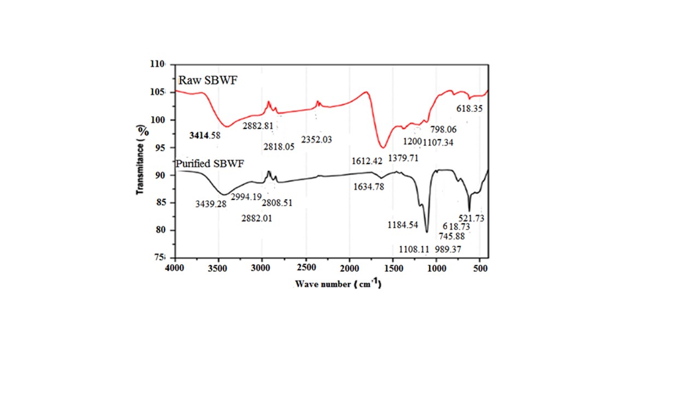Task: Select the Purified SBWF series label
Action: pyautogui.click(x=210, y=163)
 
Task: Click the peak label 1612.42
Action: pyautogui.click(x=368, y=160)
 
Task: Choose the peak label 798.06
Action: pyautogui.click(x=443, y=130)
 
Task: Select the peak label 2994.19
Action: pyautogui.click(x=246, y=196)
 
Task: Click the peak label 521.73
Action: pyautogui.click(x=471, y=218)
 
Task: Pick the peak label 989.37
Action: pyautogui.click(x=448, y=249)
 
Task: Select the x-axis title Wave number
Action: pyautogui.click(x=337, y=284)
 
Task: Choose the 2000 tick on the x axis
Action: pyautogui.click(x=349, y=269)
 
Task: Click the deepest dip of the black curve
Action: pyautogui.click(x=427, y=232)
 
